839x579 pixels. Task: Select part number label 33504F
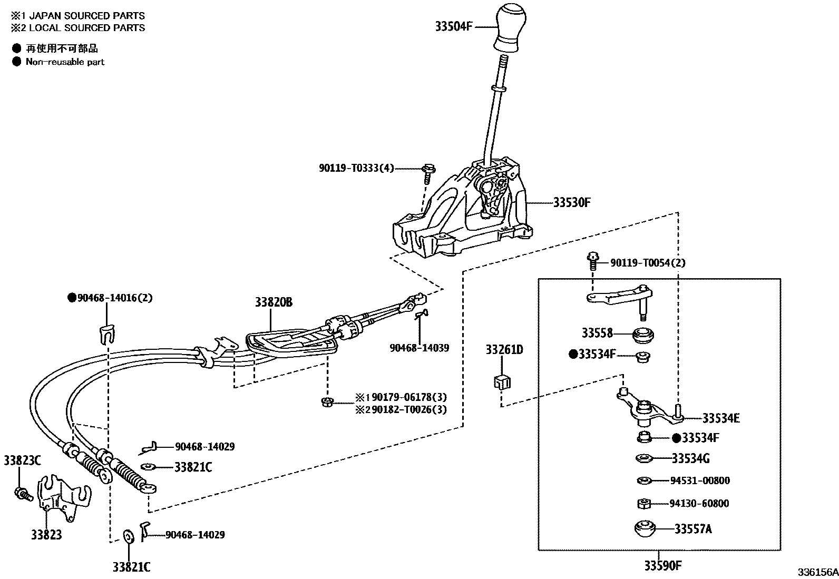pos(454,26)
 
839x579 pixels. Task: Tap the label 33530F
pos(572,202)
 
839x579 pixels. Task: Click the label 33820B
pos(274,302)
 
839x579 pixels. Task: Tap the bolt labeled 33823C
pos(22,494)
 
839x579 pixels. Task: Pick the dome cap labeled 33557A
pos(644,528)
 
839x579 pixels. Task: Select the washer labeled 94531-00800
pos(642,480)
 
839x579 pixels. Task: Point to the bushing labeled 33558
pos(642,334)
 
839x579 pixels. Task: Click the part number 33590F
pos(662,566)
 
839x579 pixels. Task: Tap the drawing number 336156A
pos(817,572)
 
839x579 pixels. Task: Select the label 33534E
pos(720,418)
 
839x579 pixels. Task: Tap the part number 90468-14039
pos(419,348)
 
